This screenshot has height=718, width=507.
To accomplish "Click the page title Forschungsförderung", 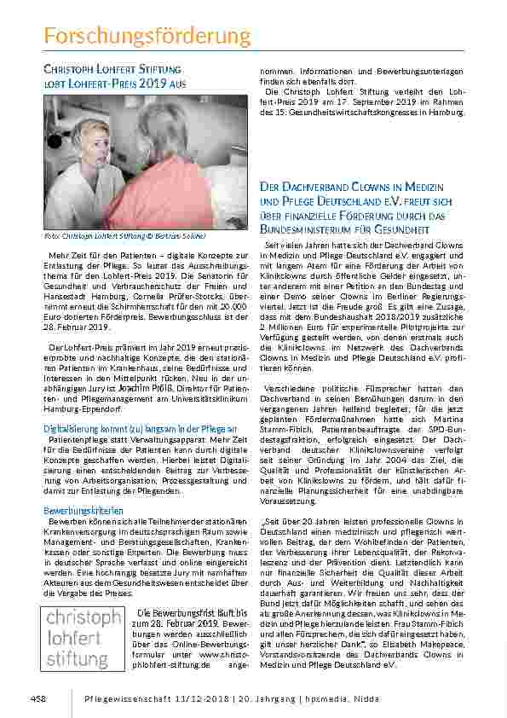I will tap(147, 36).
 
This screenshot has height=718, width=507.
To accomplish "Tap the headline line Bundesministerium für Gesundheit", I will tap(343, 229).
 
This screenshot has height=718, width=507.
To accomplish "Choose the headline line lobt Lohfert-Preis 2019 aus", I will tap(114, 84).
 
